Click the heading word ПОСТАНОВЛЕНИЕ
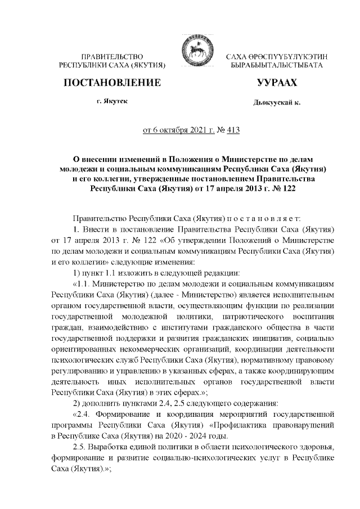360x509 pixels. [112, 84]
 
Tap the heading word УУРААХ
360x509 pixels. [276, 84]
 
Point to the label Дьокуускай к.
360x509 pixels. [276, 103]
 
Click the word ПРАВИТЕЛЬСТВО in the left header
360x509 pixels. [112, 57]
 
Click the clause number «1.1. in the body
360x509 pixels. [83, 285]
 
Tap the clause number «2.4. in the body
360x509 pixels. [83, 415]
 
